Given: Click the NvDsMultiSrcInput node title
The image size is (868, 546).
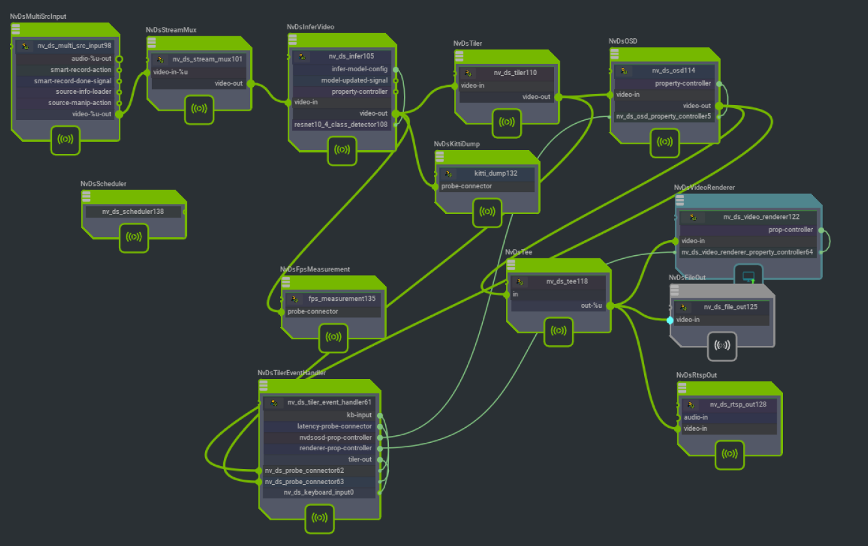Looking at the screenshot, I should click(x=38, y=16).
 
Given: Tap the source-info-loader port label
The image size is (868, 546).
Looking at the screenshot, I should click(x=83, y=92).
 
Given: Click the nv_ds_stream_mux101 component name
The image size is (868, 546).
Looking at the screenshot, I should click(x=207, y=59).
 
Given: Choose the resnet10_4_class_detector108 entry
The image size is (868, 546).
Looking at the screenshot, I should click(x=341, y=124).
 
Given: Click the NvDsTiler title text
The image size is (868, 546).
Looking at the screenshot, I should click(x=468, y=44).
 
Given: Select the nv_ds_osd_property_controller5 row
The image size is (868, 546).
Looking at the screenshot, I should click(x=664, y=116).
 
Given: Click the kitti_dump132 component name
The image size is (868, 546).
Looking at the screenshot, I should click(x=495, y=173).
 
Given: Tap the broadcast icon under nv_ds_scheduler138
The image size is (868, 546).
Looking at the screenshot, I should click(x=134, y=237).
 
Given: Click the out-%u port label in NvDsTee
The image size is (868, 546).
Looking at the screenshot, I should click(x=591, y=306).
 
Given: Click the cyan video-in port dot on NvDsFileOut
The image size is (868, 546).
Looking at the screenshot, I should click(x=670, y=320).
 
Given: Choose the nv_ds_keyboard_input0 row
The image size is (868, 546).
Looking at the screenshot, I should click(x=318, y=493).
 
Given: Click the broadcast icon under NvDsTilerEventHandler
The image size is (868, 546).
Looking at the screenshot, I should click(x=320, y=518).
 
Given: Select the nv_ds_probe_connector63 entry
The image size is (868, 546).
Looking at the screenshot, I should click(x=304, y=482).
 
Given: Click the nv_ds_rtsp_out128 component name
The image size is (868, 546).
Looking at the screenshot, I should click(x=737, y=405).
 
